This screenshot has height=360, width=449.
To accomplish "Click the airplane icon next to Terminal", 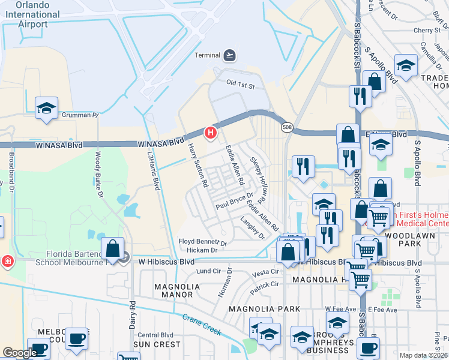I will (x=229, y=56).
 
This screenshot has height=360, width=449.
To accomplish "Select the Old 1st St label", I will (x=241, y=86).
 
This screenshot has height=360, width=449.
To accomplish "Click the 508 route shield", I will (x=288, y=127).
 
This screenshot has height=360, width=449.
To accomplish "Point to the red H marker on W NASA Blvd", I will (x=211, y=133).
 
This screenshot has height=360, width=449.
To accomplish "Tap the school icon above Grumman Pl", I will (x=46, y=108).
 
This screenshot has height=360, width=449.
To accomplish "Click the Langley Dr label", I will (x=253, y=228).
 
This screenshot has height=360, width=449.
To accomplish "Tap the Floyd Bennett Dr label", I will (x=202, y=242).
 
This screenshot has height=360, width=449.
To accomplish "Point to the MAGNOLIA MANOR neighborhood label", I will (x=176, y=291).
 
